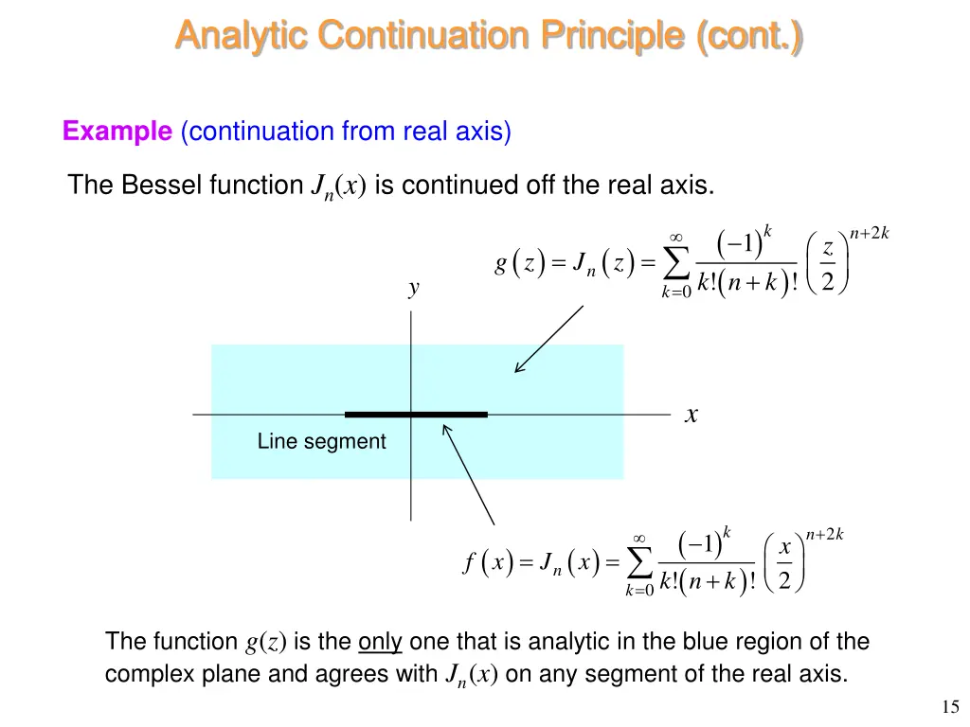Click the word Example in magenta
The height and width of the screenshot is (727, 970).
117,132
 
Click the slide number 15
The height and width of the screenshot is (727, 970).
951,706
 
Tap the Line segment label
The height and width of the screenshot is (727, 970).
321,441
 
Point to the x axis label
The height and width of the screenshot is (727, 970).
692,415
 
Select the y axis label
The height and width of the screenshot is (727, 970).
413,289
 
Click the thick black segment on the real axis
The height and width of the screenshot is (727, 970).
416,415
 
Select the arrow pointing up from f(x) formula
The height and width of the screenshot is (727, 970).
468,473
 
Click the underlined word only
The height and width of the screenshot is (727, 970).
380,642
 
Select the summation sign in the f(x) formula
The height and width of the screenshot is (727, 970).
640,562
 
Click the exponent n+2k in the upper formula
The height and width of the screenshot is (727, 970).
869,234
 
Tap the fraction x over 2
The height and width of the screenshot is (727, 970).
784,564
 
